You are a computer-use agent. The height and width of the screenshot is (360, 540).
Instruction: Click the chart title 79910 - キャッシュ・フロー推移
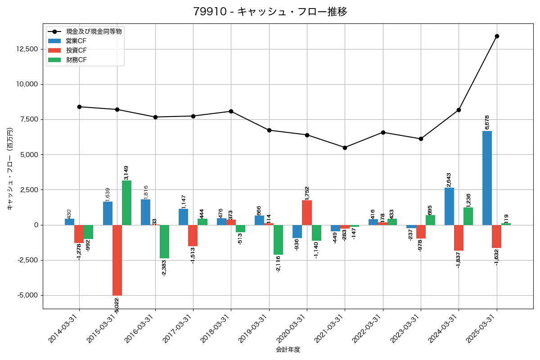point(270,12)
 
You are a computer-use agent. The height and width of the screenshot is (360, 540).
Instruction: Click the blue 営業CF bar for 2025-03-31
point(487,178)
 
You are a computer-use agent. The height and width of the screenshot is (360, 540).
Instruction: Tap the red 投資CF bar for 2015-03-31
point(117,260)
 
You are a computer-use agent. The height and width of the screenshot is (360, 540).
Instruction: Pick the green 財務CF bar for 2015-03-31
point(126,202)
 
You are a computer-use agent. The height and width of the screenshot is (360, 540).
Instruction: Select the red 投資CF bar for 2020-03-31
point(307,212)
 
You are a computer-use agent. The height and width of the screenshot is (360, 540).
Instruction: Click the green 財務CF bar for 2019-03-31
point(279,240)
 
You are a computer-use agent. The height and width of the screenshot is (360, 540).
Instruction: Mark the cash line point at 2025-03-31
point(497,36)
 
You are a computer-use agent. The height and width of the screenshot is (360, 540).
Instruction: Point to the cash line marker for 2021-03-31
point(345,148)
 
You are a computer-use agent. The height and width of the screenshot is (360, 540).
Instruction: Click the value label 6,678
point(487,122)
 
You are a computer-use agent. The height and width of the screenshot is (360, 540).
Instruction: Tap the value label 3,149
point(126,172)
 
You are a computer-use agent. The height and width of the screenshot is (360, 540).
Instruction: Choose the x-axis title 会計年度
point(288,350)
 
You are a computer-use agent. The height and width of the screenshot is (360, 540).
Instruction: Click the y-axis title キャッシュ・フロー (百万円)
point(10,169)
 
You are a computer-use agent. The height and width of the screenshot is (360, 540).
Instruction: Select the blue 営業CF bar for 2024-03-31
point(449,206)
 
